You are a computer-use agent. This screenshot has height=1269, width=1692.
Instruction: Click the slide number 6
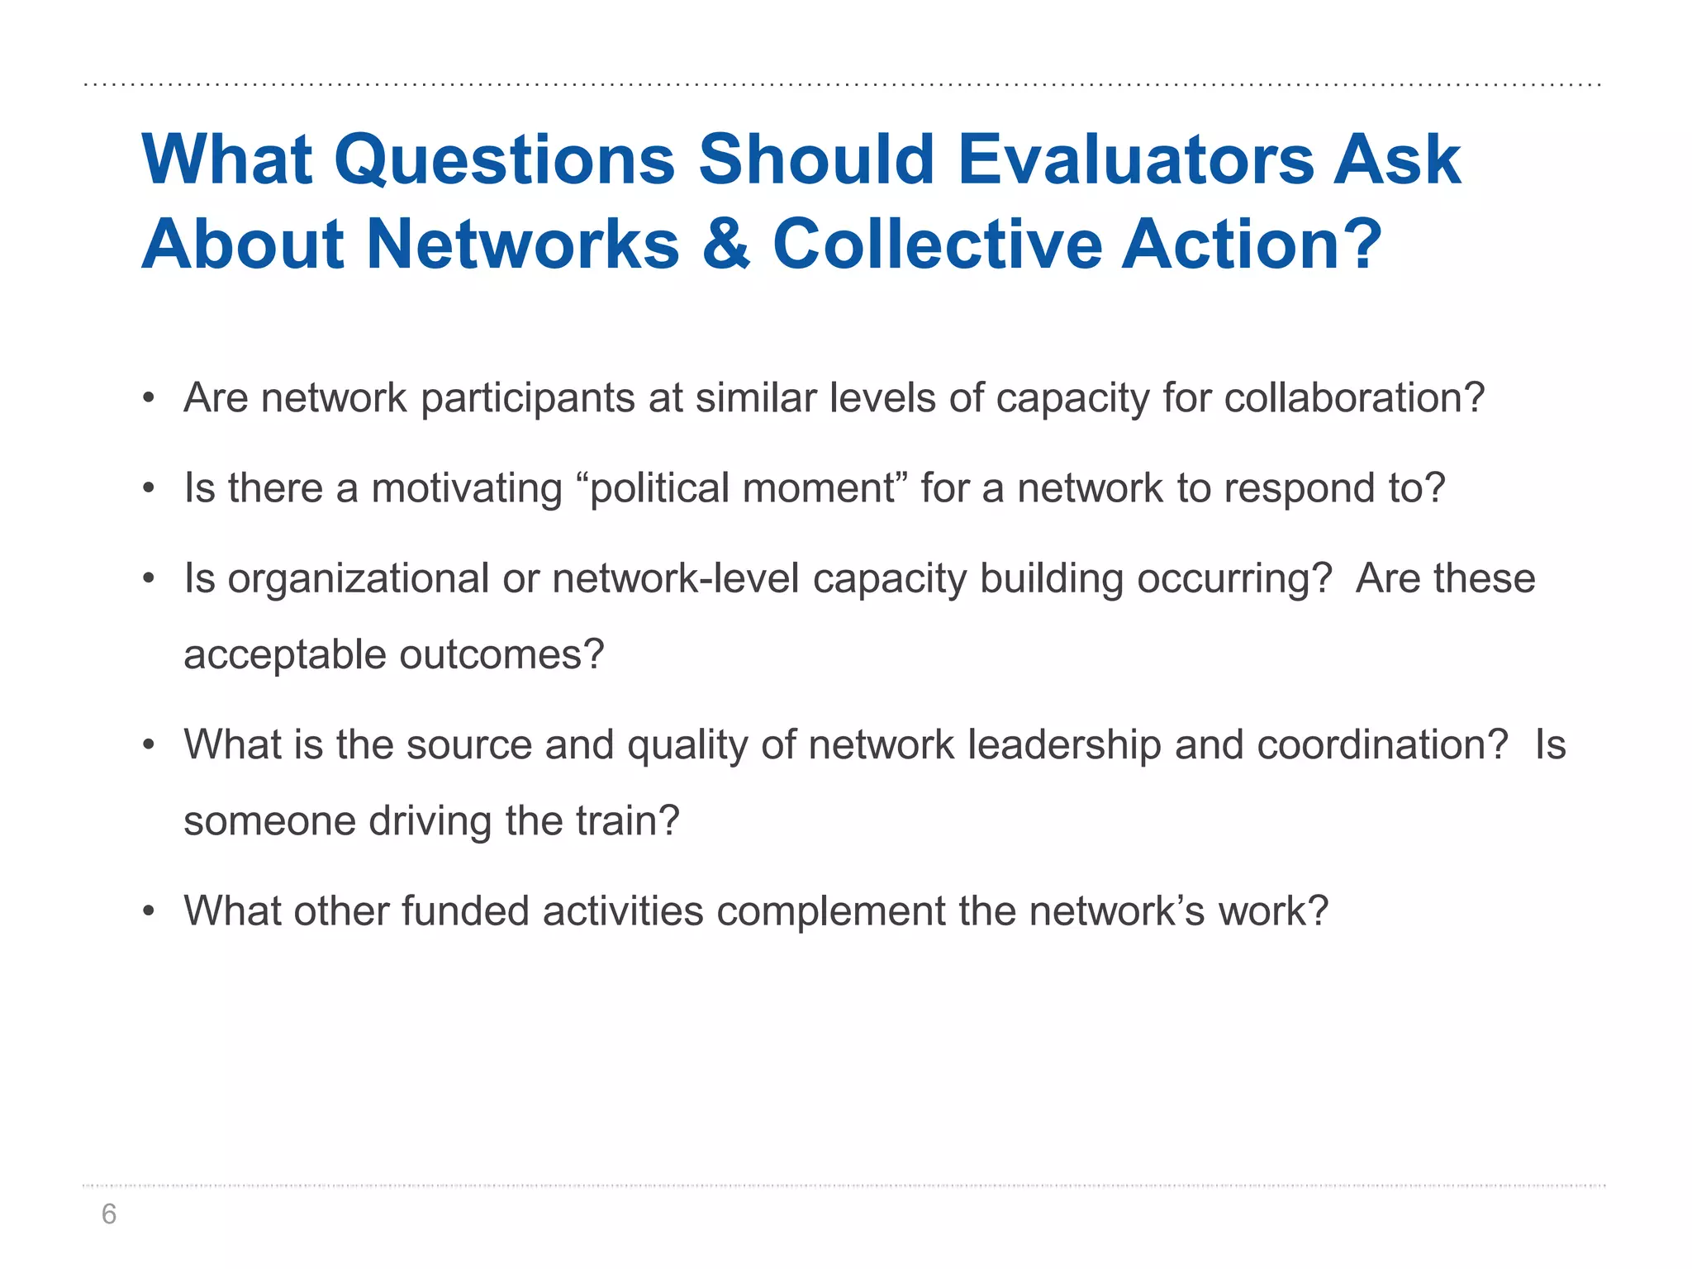pyautogui.click(x=108, y=1214)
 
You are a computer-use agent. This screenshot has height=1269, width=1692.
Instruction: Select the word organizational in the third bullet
pyautogui.click(x=359, y=578)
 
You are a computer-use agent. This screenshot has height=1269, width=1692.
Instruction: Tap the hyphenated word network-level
pyautogui.click(x=675, y=578)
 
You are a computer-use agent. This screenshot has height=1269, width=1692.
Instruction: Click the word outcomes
pyautogui.click(x=501, y=654)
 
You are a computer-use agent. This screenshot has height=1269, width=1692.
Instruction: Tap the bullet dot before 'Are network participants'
pyautogui.click(x=149, y=399)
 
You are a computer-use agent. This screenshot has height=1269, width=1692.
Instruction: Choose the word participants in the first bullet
pyautogui.click(x=527, y=398)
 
